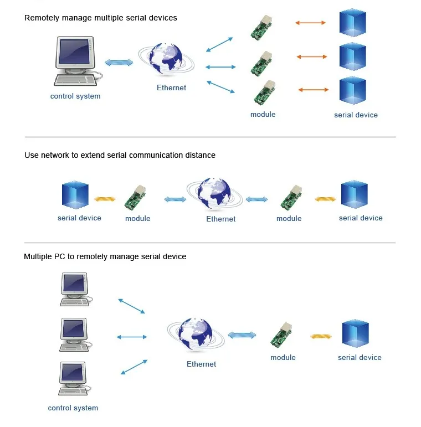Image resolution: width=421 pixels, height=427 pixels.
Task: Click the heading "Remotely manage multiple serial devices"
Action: [x=101, y=18]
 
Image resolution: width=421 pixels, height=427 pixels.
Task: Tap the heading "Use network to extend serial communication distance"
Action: [x=120, y=155]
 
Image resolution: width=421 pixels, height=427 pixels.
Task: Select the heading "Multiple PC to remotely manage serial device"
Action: [x=105, y=256]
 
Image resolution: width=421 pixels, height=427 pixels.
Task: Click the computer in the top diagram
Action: [x=76, y=61]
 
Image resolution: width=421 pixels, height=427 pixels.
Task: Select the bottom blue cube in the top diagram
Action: [x=352, y=91]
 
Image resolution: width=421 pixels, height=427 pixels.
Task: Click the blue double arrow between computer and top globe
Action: [x=119, y=63]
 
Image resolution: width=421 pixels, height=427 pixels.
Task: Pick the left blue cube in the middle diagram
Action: [x=75, y=195]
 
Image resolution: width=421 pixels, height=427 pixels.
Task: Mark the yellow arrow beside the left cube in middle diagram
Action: [x=105, y=199]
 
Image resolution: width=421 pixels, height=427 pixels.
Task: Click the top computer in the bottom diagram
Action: [x=74, y=289]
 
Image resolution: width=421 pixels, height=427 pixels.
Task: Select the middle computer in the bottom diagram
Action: [x=74, y=334]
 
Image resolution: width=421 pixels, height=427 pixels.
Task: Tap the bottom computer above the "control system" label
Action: [x=74, y=379]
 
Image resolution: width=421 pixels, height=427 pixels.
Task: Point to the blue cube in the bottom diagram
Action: [x=355, y=333]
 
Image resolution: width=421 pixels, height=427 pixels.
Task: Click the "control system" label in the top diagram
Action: [x=75, y=96]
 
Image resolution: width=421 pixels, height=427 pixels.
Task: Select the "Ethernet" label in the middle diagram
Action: [x=221, y=219]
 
